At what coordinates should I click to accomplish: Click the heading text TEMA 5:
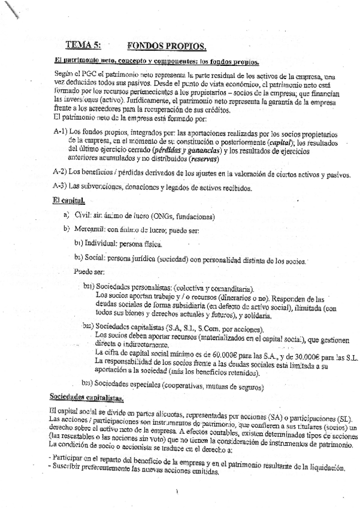click(83, 46)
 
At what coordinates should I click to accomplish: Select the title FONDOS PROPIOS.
click(167, 46)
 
